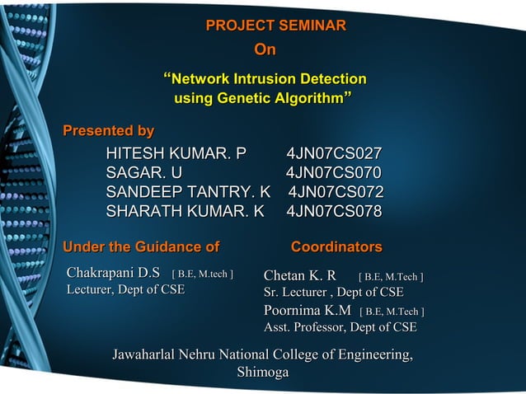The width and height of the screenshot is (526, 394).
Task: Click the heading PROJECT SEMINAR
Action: coord(275,26)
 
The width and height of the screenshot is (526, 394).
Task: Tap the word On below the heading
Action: coord(265,51)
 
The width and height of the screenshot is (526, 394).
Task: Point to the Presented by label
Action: coord(109,131)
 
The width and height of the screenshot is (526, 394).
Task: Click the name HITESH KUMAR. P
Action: coord(176,153)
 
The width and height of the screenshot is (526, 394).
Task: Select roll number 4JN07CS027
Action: coord(334,153)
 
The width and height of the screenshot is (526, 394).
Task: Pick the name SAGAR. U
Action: coord(144,173)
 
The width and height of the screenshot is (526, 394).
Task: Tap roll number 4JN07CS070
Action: coord(334,173)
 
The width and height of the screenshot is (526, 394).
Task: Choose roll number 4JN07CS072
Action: coord(336,192)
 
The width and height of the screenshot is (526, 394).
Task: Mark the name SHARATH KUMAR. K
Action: coord(185,212)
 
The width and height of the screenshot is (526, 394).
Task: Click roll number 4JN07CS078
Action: coord(334,212)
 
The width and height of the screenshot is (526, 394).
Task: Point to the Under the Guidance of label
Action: coord(141,246)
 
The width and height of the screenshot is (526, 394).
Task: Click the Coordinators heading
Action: coord(336,246)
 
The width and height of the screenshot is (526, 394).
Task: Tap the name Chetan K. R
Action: coord(299,275)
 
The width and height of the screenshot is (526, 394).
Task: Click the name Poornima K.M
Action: coord(307,311)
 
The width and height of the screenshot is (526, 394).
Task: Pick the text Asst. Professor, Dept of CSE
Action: coord(340,328)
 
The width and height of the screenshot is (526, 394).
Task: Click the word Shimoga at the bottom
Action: coord(263,373)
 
